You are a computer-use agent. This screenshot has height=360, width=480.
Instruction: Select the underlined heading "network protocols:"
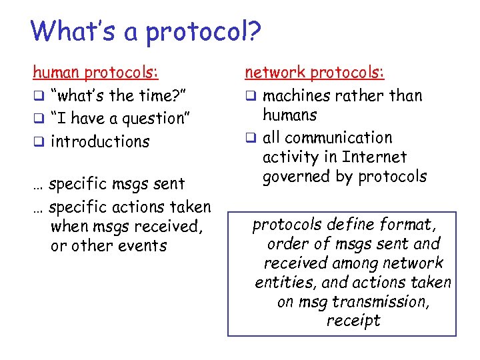pyautogui.click(x=315, y=72)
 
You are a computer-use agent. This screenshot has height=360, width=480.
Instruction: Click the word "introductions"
pyautogui.click(x=100, y=141)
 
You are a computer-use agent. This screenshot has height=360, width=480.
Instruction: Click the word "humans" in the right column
pyautogui.click(x=290, y=115)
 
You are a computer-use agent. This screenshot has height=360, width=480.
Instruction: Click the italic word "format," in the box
pyautogui.click(x=409, y=225)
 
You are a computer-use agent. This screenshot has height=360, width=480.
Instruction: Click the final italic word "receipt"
pyautogui.click(x=353, y=321)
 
